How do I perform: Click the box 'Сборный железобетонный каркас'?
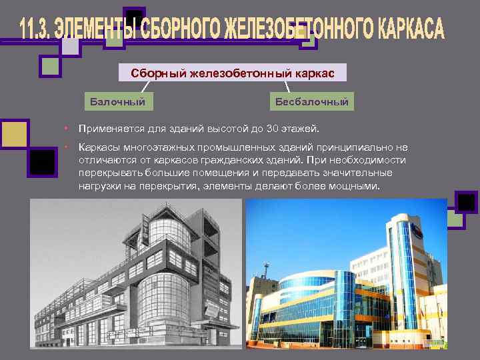coord(233,73)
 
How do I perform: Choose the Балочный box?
coord(117,101)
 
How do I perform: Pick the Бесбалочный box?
coord(312,101)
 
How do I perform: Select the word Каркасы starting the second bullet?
coord(98,147)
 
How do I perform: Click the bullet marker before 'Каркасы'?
coord(67,147)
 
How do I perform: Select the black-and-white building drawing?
coord(137,273)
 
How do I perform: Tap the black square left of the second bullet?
coord(43,161)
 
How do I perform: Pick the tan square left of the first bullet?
coord(15,133)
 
